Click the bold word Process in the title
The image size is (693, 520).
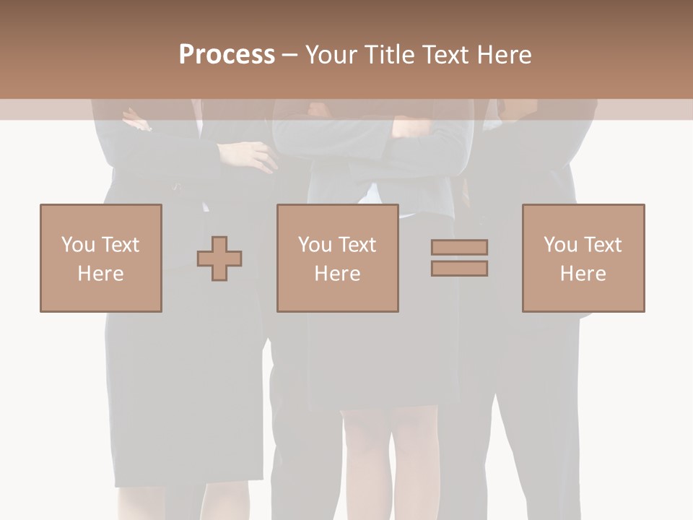[x=227, y=55]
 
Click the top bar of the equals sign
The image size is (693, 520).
[x=459, y=247]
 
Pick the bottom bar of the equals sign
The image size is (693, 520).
[x=459, y=269]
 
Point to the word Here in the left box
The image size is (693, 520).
[x=100, y=274]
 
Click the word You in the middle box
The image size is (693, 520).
[x=315, y=245]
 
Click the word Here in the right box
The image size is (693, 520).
[x=583, y=274]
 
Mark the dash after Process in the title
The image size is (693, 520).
[x=290, y=55]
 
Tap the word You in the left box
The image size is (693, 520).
[x=78, y=245]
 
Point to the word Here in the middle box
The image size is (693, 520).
[x=337, y=274]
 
